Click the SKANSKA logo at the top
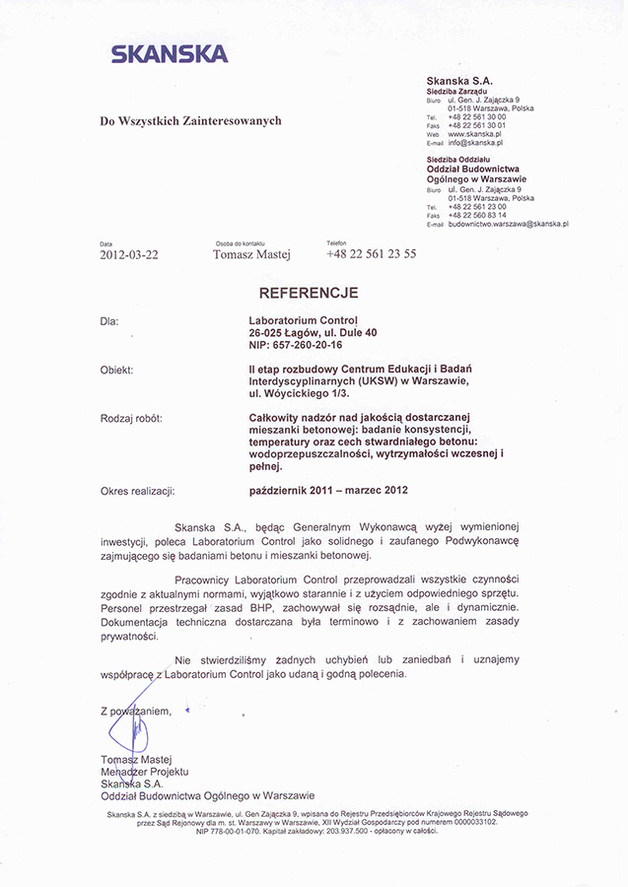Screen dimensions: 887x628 (170, 54)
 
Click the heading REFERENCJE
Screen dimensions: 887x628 (309, 293)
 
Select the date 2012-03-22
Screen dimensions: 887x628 (128, 253)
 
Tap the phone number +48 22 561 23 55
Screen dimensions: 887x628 (371, 253)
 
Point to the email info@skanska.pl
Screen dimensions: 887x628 (475, 143)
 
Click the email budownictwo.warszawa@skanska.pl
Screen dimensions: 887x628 (507, 224)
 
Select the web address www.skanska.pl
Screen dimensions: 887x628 (475, 134)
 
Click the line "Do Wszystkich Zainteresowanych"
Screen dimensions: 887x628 (190, 121)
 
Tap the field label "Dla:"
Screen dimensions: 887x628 (108, 320)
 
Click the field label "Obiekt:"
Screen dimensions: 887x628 (116, 370)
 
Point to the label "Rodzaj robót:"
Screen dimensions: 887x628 (132, 418)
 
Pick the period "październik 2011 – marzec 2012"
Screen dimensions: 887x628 (328, 490)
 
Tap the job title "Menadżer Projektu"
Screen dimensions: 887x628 (144, 772)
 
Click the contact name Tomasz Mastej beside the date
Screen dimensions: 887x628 (251, 253)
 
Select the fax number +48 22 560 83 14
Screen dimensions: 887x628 (477, 215)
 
